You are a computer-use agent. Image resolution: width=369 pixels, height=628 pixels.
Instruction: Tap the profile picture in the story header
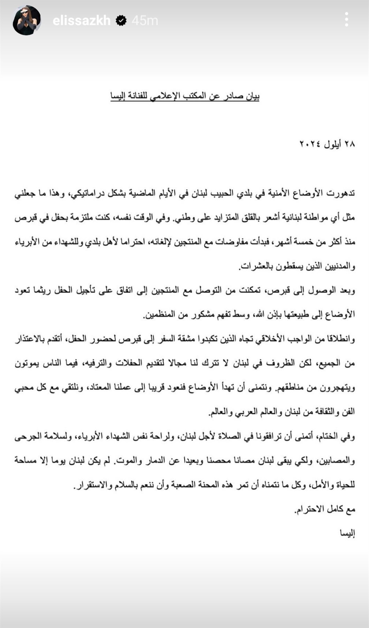(27, 21)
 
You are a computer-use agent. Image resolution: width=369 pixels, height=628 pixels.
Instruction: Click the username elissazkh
(81, 21)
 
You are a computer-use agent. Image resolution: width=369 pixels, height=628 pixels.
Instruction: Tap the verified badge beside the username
(121, 21)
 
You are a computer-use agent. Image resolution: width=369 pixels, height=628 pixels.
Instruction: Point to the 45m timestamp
(145, 21)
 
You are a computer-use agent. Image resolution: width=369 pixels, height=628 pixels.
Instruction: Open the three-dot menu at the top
(346, 20)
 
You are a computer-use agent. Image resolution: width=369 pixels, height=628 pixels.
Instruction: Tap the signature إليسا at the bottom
(347, 533)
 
